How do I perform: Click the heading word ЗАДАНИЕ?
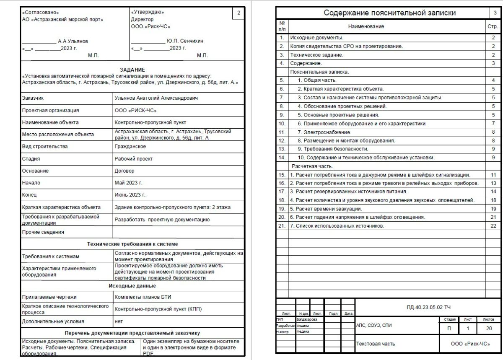pyautogui.click(x=132, y=70)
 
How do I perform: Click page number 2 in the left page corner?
pyautogui.click(x=239, y=13)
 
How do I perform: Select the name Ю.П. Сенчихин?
pyautogui.click(x=185, y=41)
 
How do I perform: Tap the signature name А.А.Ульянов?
pyautogui.click(x=73, y=41)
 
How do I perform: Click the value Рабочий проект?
pyautogui.click(x=134, y=159)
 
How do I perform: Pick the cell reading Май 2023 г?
pyautogui.click(x=129, y=183)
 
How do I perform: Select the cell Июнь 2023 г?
pyautogui.click(x=130, y=195)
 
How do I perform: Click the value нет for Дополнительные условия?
pyautogui.click(x=119, y=321)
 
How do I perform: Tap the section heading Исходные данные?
pyautogui.click(x=132, y=286)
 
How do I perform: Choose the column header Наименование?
pyautogui.click(x=366, y=26)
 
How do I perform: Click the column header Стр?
pyautogui.click(x=493, y=26)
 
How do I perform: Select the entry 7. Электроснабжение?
pyautogui.click(x=324, y=132)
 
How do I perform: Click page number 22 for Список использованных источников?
pyautogui.click(x=493, y=226)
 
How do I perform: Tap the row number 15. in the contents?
pyautogui.click(x=282, y=175)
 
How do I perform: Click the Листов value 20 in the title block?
pyautogui.click(x=489, y=329)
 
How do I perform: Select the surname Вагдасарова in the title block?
pyautogui.click(x=307, y=319)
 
